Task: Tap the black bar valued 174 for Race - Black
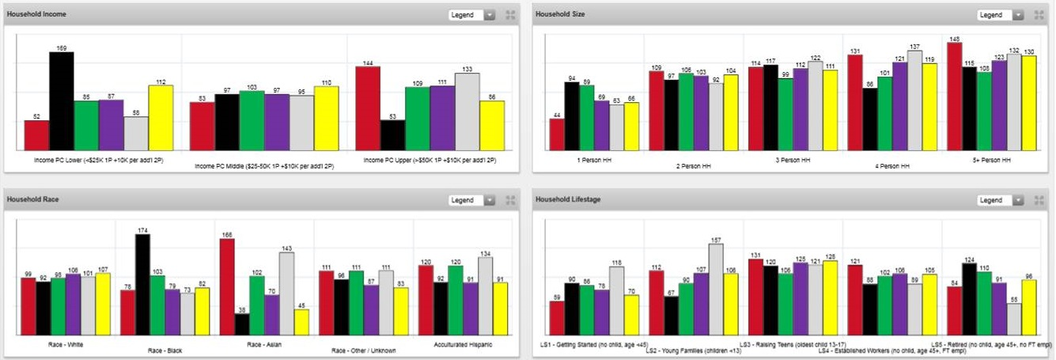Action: [142, 285]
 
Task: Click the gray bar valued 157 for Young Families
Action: [715, 290]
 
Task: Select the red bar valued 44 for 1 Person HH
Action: [557, 135]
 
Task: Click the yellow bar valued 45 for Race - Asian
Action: [301, 322]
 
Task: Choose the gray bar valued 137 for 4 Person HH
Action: [914, 100]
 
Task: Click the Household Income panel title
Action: [37, 15]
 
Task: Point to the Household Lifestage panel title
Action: [568, 200]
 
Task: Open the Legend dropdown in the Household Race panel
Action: [472, 200]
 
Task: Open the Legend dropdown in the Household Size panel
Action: [1000, 15]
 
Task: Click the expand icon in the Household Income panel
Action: [510, 15]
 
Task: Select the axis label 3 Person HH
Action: [792, 160]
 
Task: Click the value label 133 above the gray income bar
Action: [467, 69]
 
